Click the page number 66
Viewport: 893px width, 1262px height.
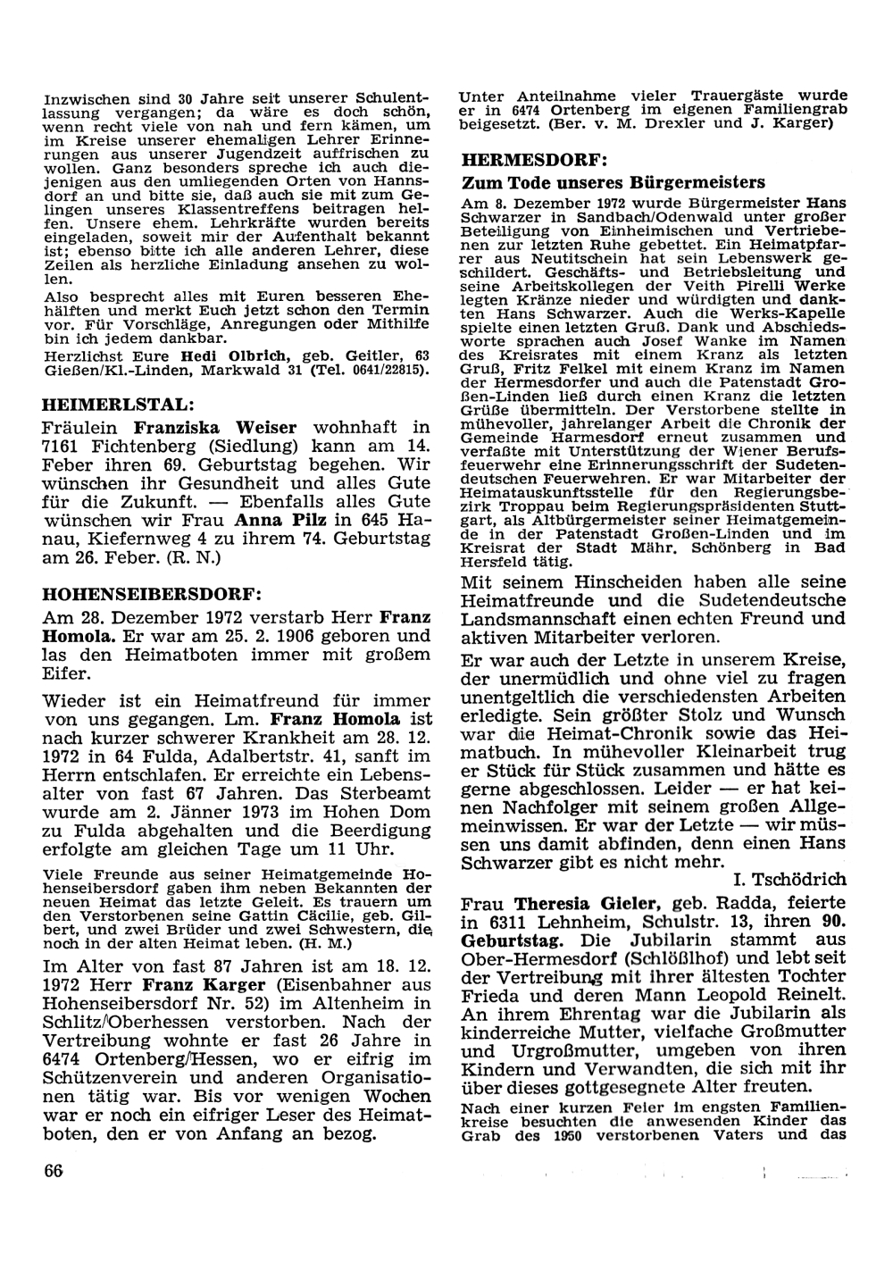coord(54,1170)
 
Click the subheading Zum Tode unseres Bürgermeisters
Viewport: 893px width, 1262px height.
coord(613,182)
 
